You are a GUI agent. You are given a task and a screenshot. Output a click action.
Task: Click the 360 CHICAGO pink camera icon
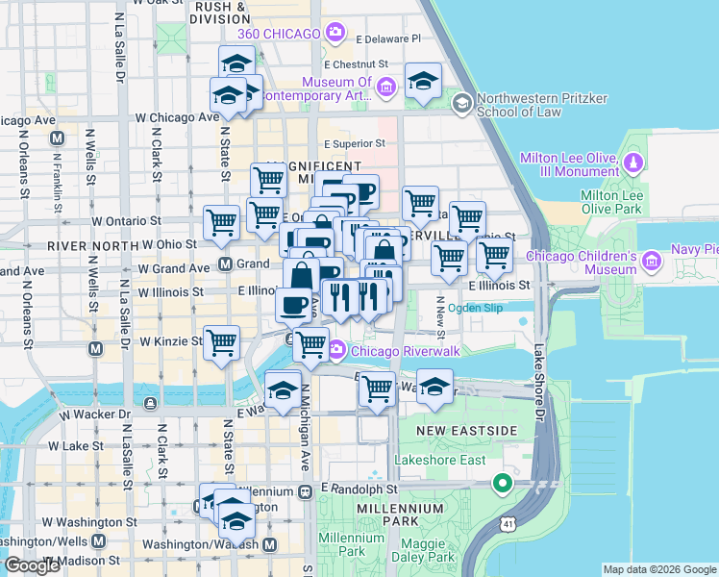coord(335,35)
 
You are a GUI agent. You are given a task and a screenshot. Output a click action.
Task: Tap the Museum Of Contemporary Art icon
coord(386,88)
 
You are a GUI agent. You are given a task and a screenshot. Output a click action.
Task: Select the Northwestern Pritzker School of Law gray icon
coord(462,103)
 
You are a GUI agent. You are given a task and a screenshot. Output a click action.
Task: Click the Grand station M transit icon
coord(225,263)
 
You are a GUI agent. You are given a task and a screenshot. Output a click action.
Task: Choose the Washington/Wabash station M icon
coord(270,544)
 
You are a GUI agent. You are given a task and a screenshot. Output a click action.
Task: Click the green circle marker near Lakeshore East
coord(500,482)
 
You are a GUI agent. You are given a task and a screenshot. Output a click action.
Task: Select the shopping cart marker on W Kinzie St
coord(222,342)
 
